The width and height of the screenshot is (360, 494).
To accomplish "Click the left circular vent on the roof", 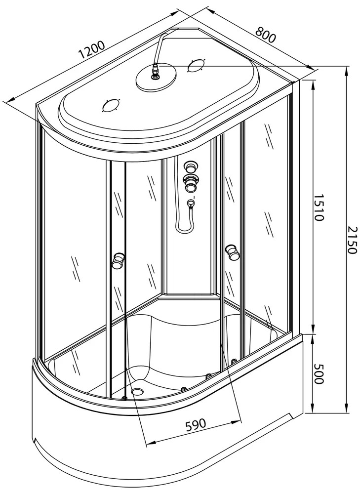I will (111, 106).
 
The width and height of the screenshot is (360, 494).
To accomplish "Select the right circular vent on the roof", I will (196, 66).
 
